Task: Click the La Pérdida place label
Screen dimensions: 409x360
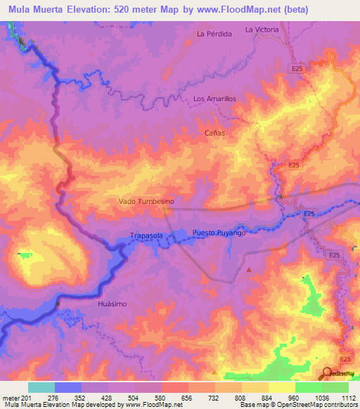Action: pyautogui.click(x=214, y=34)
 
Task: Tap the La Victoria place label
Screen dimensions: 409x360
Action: pyautogui.click(x=262, y=30)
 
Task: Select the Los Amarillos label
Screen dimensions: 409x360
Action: pyautogui.click(x=214, y=99)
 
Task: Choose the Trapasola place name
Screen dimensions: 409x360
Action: pyautogui.click(x=147, y=236)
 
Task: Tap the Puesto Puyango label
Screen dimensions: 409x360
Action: pyautogui.click(x=219, y=233)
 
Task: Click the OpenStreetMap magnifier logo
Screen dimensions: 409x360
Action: pyautogui.click(x=328, y=375)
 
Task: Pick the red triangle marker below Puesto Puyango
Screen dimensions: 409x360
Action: pyautogui.click(x=249, y=268)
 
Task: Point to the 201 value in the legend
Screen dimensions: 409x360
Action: pyautogui.click(x=28, y=398)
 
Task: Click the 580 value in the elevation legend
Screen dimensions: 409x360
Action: pyautogui.click(x=162, y=398)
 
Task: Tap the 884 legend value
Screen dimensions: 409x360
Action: pyautogui.click(x=268, y=398)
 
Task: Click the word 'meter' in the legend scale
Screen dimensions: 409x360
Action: pyautogui.click(x=11, y=398)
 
